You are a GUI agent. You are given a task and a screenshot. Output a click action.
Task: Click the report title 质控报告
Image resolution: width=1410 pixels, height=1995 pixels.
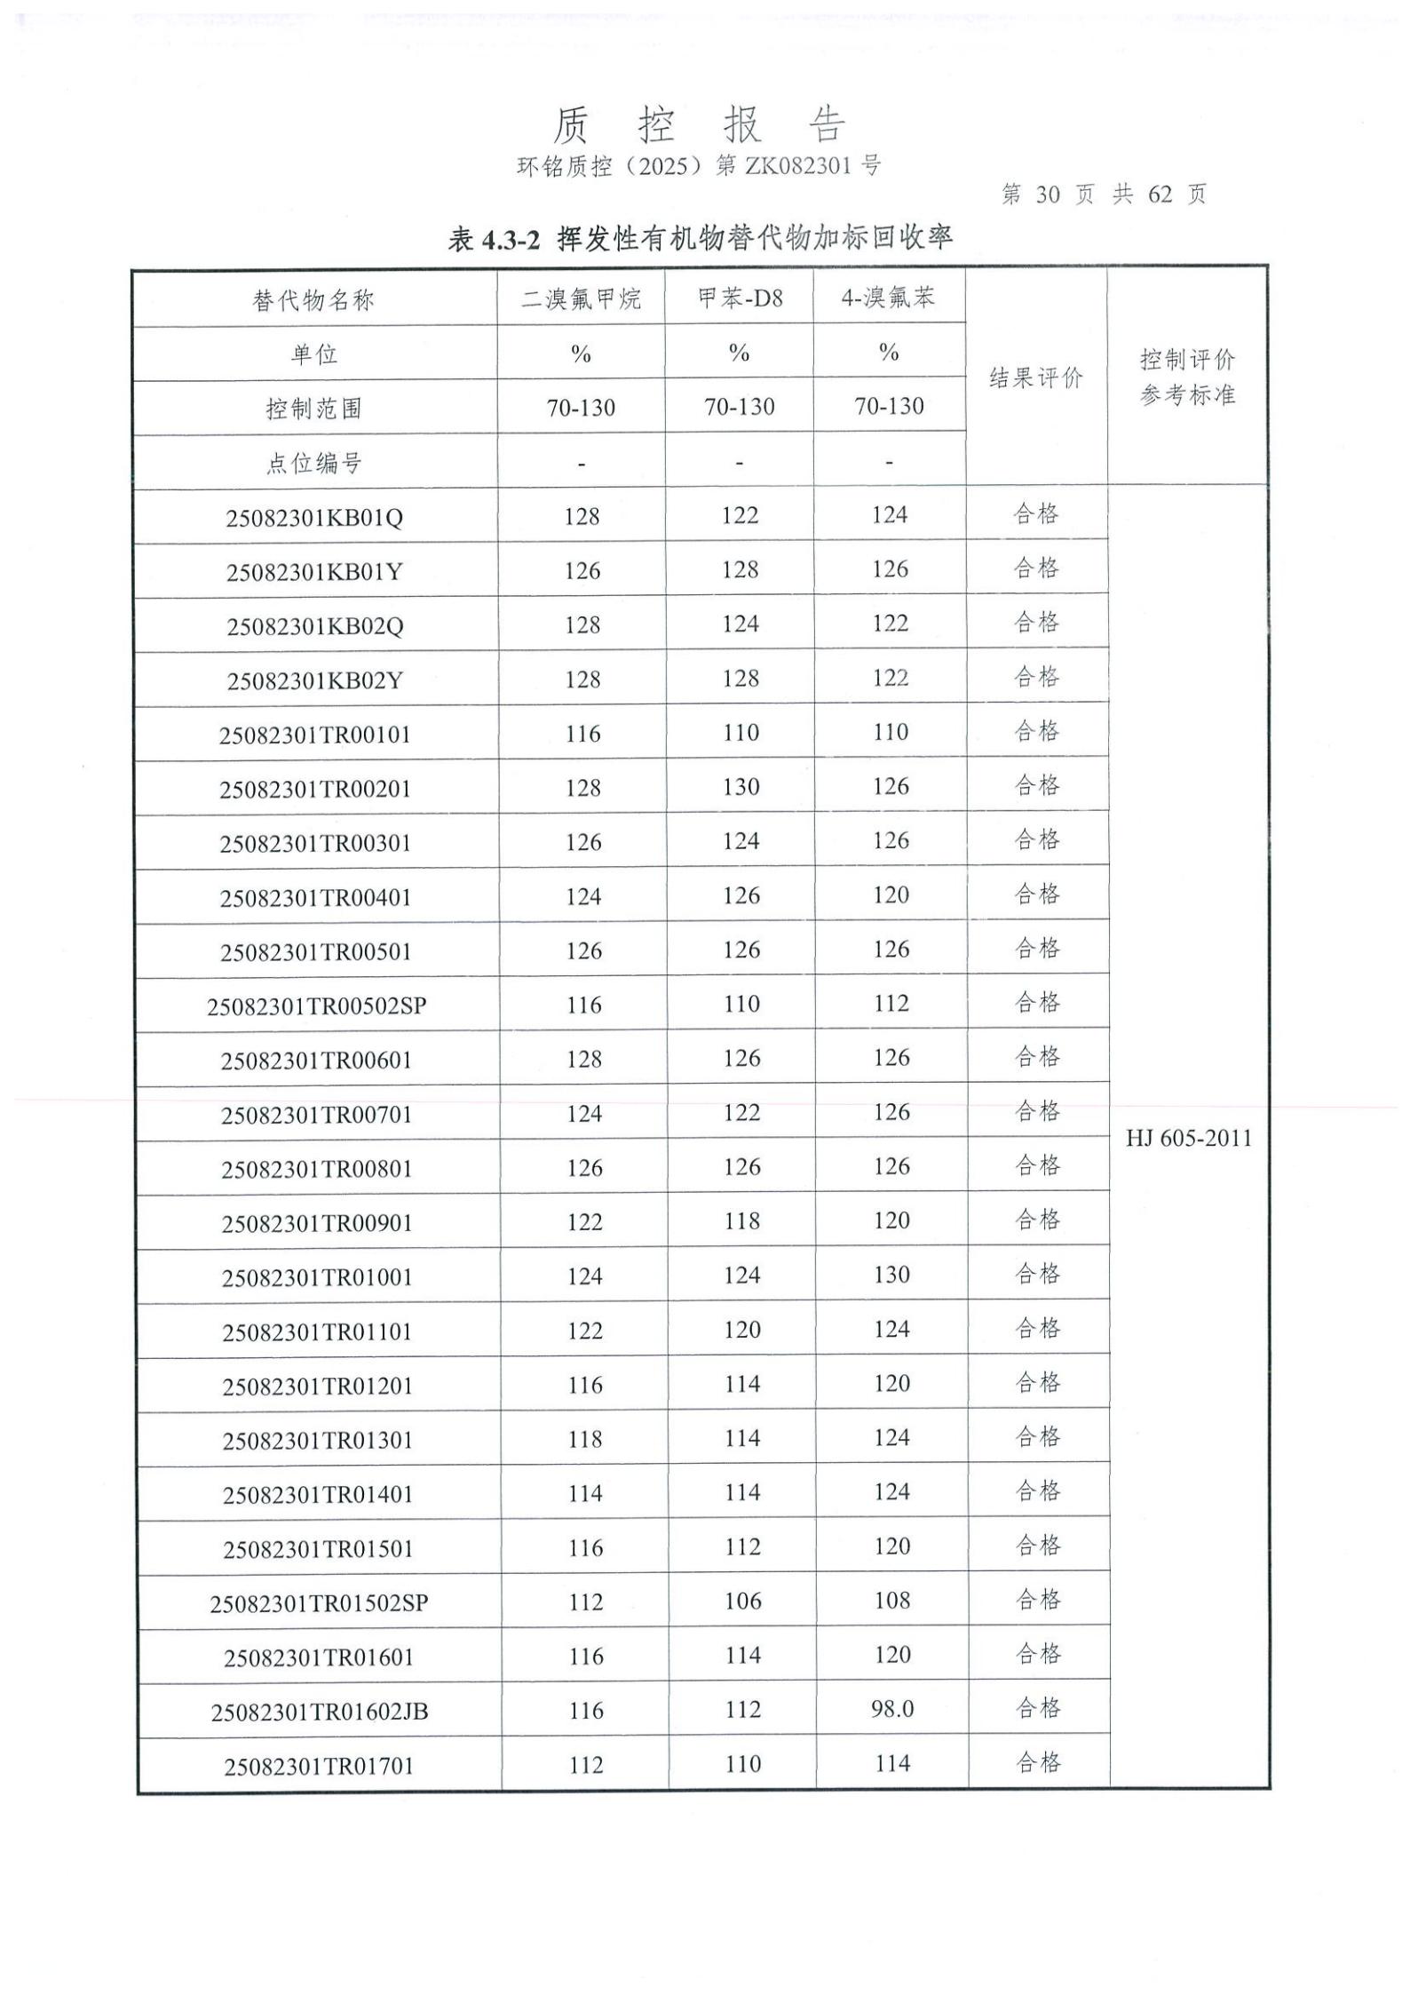(699, 124)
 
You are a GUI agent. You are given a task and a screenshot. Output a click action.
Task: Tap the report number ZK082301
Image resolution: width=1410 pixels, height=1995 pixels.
(799, 166)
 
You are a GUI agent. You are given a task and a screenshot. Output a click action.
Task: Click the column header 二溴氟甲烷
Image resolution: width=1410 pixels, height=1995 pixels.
(581, 298)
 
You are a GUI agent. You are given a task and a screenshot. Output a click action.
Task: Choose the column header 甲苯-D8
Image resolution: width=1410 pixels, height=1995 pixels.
(740, 298)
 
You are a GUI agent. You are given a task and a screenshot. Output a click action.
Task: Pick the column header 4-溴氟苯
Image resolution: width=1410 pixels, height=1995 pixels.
(889, 298)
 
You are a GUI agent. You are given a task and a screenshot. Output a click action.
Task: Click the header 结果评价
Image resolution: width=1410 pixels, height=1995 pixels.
(1036, 378)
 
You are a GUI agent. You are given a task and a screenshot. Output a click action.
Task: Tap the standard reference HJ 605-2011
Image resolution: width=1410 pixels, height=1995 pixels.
(1189, 1139)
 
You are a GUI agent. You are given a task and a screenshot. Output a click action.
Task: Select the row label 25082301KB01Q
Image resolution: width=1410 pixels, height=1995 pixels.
(314, 517)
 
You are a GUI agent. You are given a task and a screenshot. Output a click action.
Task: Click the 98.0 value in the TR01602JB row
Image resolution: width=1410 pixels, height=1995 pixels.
(892, 1709)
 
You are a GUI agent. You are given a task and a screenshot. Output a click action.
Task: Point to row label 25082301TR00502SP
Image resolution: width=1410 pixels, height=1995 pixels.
(317, 1006)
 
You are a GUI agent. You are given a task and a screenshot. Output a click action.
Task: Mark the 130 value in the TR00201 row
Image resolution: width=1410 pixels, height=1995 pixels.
(741, 787)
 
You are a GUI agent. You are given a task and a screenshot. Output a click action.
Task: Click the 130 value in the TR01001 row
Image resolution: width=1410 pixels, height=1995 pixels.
(891, 1276)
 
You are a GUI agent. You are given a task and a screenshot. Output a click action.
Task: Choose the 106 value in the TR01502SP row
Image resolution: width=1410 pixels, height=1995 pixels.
(742, 1601)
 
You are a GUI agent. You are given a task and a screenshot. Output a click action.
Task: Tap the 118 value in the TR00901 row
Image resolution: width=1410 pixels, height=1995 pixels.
(741, 1221)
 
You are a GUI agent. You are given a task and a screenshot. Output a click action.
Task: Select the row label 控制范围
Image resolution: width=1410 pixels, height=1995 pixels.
(314, 409)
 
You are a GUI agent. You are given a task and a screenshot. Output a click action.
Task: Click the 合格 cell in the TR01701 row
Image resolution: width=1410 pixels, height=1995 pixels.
(1038, 1762)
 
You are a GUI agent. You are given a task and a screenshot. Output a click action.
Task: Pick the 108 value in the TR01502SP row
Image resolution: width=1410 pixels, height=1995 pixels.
(892, 1601)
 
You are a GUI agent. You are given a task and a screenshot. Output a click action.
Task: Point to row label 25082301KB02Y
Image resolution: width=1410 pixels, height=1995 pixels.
(315, 680)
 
